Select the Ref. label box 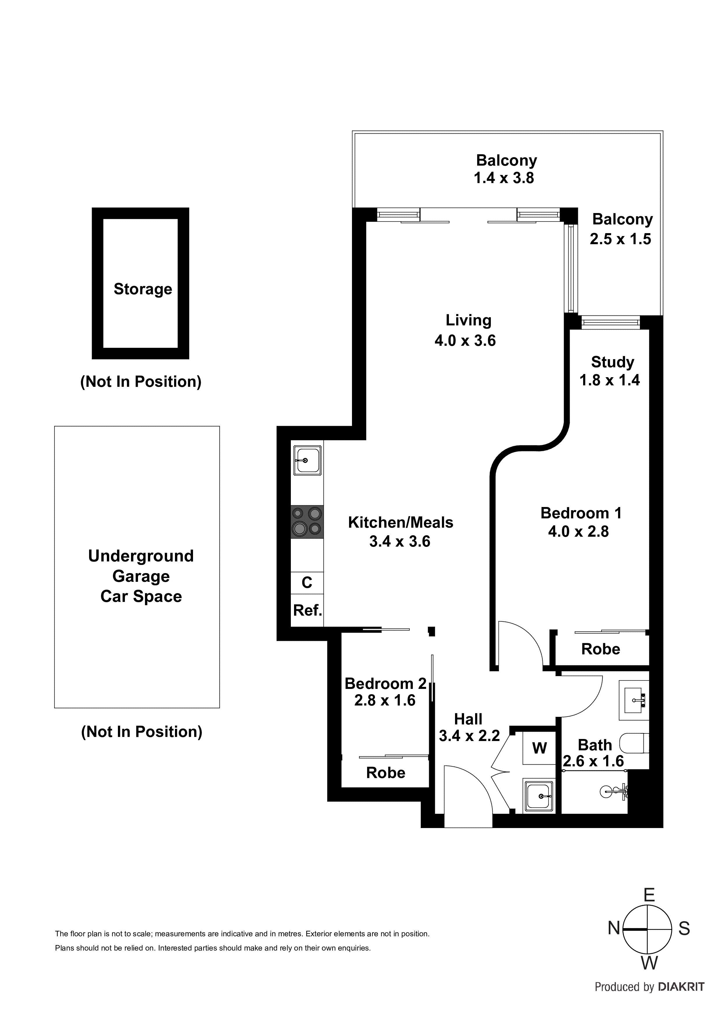(x=307, y=611)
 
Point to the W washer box (x=539, y=748)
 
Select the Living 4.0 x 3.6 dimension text (x=465, y=341)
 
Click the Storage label (x=143, y=289)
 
